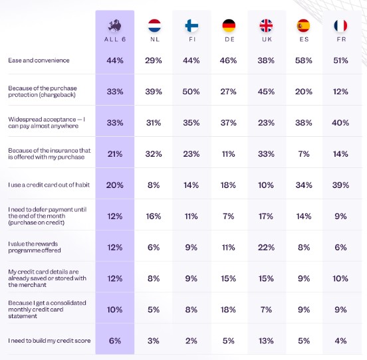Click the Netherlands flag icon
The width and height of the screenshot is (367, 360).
(x=154, y=25)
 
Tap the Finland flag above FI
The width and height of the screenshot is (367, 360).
(x=191, y=25)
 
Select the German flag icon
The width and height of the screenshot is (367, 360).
(x=229, y=25)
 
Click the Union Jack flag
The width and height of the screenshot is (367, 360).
(x=266, y=25)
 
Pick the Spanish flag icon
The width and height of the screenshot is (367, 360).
(x=303, y=25)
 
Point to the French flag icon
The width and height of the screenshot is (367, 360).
(x=340, y=25)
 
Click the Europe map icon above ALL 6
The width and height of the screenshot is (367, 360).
(x=114, y=25)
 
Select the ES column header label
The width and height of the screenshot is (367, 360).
(x=304, y=39)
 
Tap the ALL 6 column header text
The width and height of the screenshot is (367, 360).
(x=115, y=39)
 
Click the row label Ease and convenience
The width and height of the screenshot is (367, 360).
(x=39, y=60)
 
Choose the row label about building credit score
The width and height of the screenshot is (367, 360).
(x=49, y=341)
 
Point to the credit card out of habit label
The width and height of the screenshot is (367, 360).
(x=49, y=185)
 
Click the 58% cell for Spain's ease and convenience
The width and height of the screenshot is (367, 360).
(x=304, y=60)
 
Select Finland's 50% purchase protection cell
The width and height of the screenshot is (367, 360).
(x=191, y=92)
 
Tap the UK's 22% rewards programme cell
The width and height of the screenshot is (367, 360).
(x=266, y=247)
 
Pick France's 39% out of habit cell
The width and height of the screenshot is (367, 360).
(x=340, y=185)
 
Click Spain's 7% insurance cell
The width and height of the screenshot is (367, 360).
(x=304, y=154)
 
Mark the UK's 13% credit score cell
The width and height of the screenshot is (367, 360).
(x=266, y=341)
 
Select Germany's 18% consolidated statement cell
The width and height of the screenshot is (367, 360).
(x=228, y=310)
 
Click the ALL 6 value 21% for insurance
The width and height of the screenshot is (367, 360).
(x=115, y=154)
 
